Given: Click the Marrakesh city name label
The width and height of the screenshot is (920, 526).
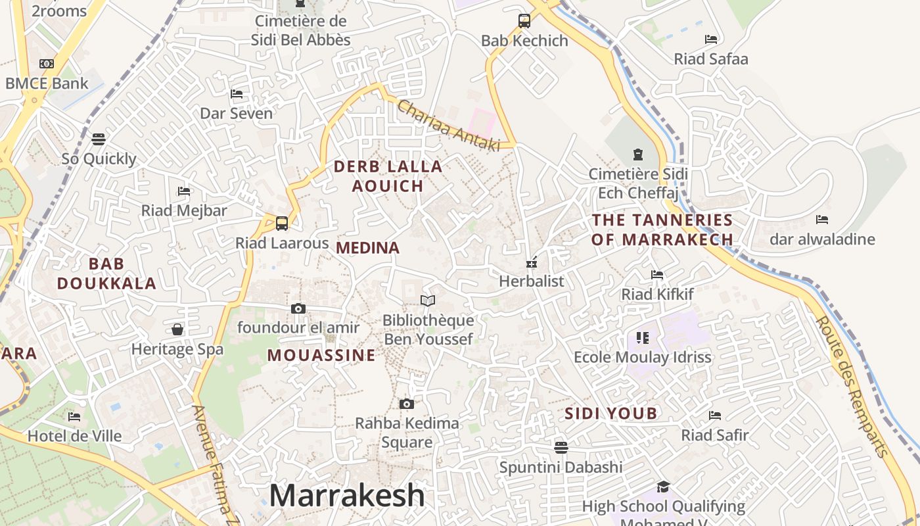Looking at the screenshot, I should point(347,495).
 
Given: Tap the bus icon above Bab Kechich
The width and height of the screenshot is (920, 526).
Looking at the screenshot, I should point(524,20).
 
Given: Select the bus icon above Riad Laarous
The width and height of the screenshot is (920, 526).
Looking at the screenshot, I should point(282,223).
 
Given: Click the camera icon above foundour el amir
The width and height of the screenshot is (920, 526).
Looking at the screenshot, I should point(298,308).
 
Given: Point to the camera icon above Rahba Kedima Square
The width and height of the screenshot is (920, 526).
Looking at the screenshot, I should point(407,404).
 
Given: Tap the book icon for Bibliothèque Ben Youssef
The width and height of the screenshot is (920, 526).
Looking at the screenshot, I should point(428,300).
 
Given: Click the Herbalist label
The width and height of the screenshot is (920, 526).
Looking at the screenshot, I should point(532,281).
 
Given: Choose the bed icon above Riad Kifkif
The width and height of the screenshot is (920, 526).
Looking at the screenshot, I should point(657,274).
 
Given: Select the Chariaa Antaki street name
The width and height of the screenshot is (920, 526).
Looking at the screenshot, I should point(449,126).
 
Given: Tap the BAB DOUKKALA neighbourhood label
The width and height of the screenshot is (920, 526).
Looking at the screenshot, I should point(106,274).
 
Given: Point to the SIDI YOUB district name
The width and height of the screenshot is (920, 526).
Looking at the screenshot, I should point(611,414).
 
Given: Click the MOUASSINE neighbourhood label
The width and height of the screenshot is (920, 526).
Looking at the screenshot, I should point(321,356).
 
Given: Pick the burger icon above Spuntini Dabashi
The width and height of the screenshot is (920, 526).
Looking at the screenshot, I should point(561,447).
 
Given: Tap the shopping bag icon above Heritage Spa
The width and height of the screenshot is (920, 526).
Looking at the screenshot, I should point(177,329).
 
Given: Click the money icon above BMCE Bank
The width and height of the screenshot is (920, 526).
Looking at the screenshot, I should point(46,64).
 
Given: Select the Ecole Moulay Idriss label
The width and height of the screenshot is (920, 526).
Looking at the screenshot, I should point(643,357).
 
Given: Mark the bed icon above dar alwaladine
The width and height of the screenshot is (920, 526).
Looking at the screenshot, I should point(821,220).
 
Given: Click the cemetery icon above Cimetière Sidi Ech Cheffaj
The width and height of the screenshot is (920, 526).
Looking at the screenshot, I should point(637,155).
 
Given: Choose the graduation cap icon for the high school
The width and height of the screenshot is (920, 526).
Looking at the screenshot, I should point(663,487).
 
